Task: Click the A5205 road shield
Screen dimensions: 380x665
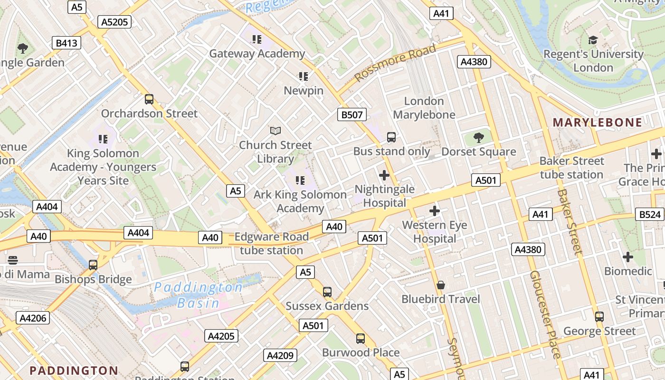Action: click(x=114, y=21)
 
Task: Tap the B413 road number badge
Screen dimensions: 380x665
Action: click(x=66, y=43)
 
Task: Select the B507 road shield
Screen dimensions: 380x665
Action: click(x=352, y=114)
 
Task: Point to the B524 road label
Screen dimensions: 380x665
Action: click(x=649, y=214)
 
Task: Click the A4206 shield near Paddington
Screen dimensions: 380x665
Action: click(x=33, y=318)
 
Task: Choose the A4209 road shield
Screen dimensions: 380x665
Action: click(x=280, y=355)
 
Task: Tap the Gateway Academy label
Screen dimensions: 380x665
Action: click(x=257, y=54)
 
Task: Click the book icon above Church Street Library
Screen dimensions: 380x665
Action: click(x=275, y=131)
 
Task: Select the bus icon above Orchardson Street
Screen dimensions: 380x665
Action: click(x=149, y=99)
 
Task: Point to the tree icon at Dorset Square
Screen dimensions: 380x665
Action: click(x=479, y=138)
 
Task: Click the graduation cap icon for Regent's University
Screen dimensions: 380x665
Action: click(x=593, y=40)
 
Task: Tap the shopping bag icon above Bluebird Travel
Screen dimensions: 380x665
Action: click(x=441, y=285)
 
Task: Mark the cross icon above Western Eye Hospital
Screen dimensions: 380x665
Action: click(x=434, y=211)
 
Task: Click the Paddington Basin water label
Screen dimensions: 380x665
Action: click(x=199, y=295)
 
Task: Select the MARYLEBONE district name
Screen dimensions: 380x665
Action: click(x=597, y=123)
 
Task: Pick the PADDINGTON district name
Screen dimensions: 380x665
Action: click(x=74, y=370)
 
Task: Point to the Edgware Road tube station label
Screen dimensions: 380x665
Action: click(x=272, y=243)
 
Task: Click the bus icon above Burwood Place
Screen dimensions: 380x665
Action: click(x=361, y=339)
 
